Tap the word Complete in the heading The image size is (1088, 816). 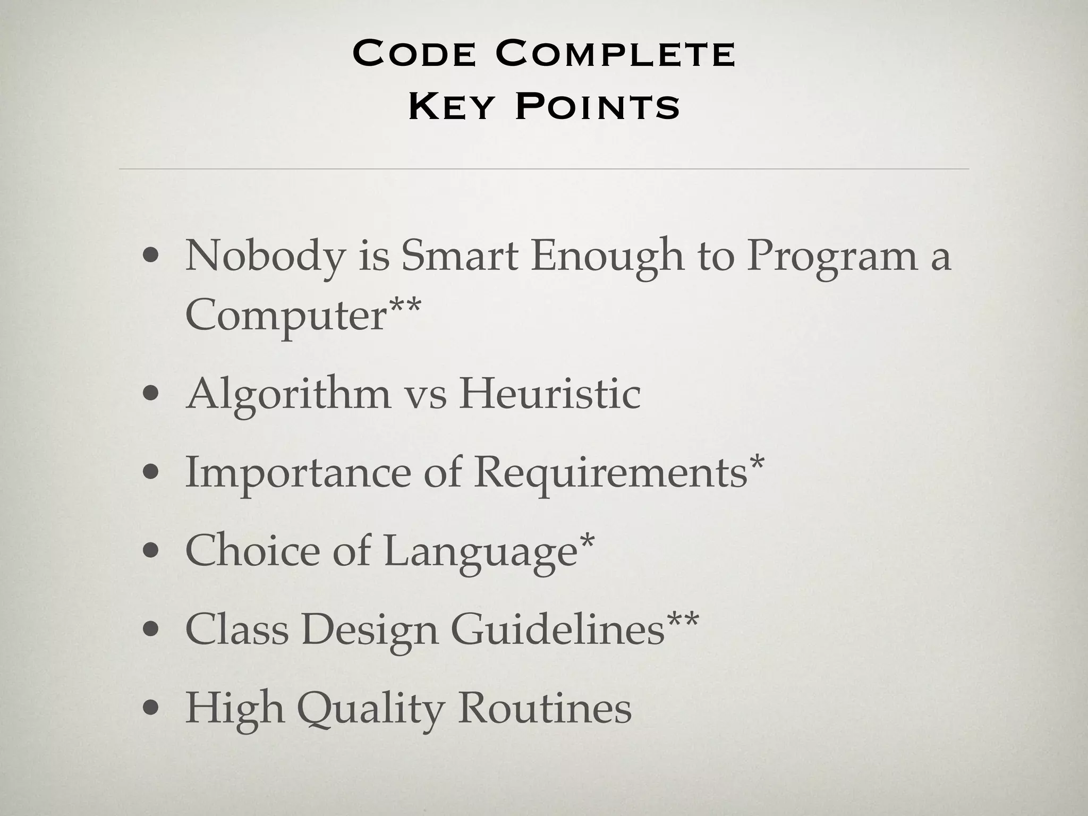coord(616,54)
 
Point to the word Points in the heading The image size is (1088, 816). coord(598,106)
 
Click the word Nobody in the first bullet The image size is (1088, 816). coord(265,257)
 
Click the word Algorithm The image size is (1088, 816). coord(288,396)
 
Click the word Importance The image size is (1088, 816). coord(298,473)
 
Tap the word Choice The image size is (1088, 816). coord(252,550)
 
